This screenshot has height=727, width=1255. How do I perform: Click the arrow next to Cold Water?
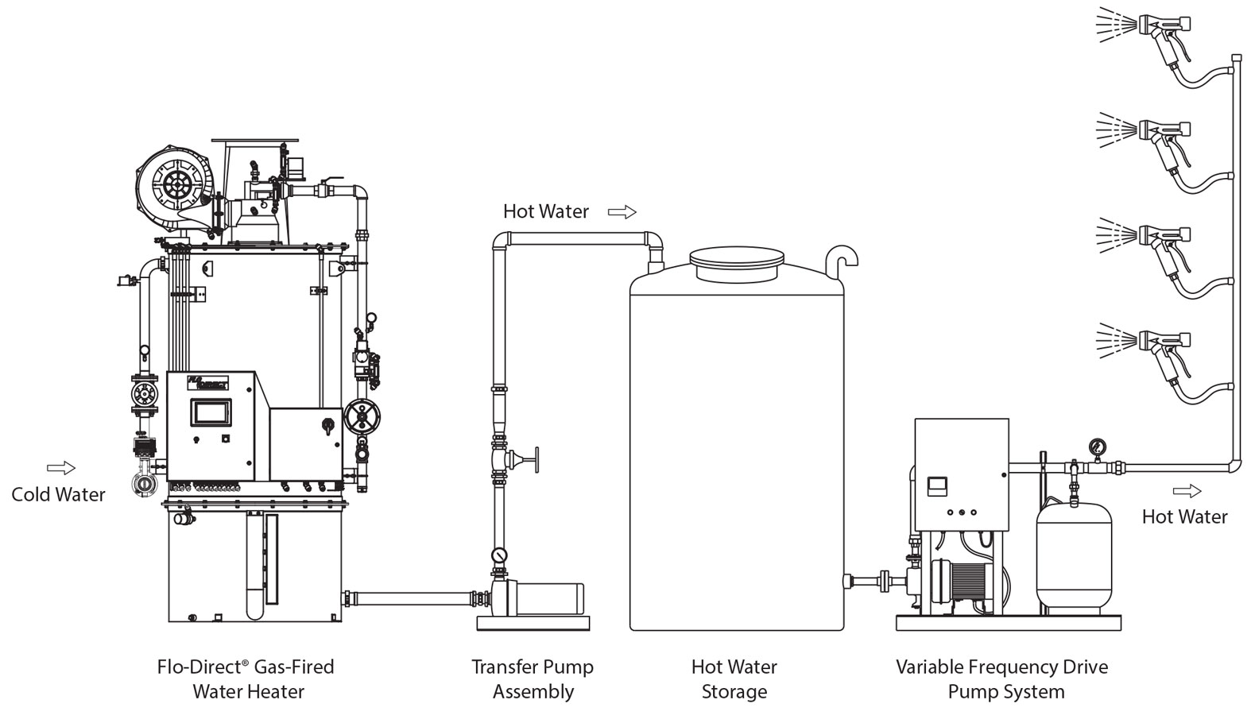[61, 468]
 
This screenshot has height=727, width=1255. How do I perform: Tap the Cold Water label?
[58, 494]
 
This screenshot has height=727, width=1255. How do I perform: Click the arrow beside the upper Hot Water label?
[622, 212]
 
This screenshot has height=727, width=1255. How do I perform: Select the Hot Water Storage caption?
[734, 679]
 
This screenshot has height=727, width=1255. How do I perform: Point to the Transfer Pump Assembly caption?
[533, 679]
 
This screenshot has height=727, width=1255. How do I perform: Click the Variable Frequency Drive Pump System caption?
[1002, 679]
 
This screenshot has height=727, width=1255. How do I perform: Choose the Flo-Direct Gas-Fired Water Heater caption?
[246, 679]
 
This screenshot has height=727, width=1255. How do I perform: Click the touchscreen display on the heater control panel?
[211, 412]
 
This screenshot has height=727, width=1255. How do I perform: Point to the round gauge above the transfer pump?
[499, 554]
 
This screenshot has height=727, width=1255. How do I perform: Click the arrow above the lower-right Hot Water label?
[1184, 490]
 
